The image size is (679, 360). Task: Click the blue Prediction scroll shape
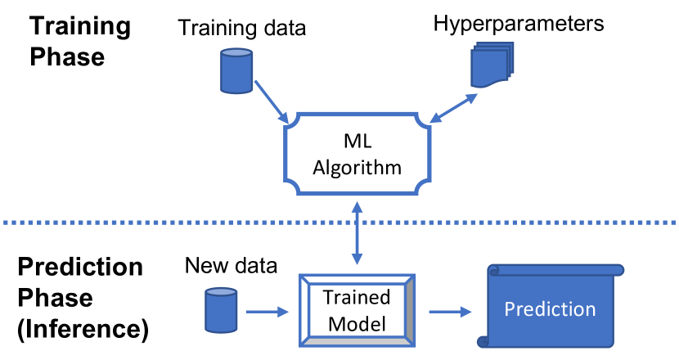click(x=550, y=309)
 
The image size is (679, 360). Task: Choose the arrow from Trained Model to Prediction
click(x=449, y=311)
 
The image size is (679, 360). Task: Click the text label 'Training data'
click(x=241, y=29)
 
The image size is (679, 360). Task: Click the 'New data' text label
click(x=231, y=265)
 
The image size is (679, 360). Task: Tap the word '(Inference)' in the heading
click(x=83, y=329)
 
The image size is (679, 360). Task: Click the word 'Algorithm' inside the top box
click(x=356, y=169)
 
